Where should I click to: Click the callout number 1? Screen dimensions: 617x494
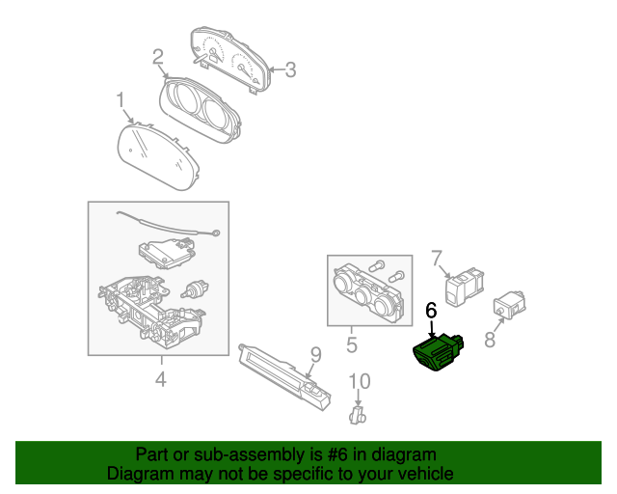[121, 100]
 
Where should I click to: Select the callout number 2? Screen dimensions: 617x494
[158, 57]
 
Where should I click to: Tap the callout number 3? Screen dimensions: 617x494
[290, 69]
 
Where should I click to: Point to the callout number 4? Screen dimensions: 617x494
[161, 379]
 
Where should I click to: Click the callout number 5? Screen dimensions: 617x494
[352, 344]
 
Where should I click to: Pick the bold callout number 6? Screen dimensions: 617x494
[431, 311]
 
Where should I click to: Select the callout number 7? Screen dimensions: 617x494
[437, 258]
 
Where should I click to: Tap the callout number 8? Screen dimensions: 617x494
[490, 340]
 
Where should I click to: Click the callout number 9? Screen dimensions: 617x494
[316, 355]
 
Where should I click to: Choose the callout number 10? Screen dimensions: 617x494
[360, 381]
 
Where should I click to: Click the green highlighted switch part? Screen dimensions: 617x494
[438, 352]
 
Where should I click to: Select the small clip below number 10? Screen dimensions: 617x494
[358, 415]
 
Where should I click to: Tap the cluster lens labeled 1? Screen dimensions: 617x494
[158, 156]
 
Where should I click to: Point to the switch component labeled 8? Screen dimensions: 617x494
[510, 305]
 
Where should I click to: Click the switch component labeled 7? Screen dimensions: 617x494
[465, 287]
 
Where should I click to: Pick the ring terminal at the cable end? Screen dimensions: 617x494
[215, 233]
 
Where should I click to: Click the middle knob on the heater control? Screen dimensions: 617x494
[362, 295]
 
